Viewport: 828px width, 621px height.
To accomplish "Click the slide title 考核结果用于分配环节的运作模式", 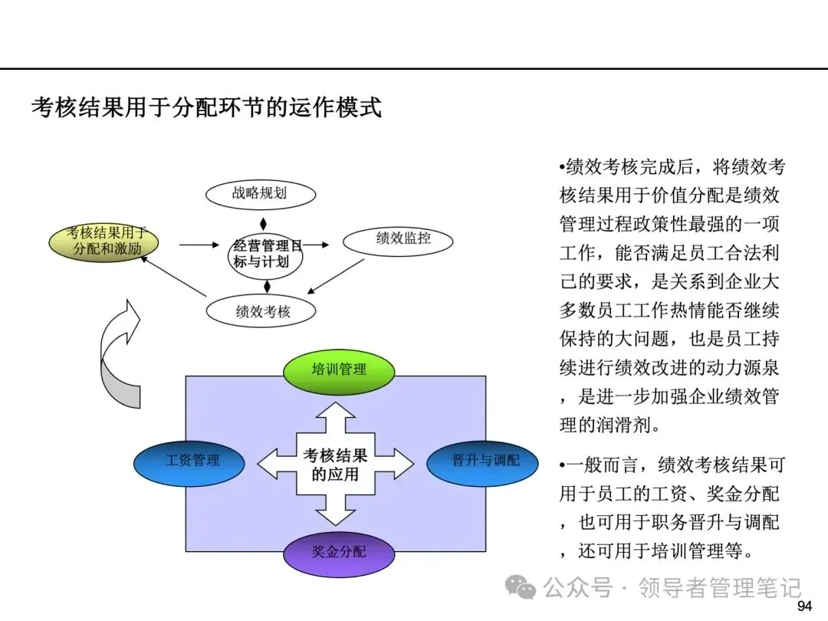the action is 206,108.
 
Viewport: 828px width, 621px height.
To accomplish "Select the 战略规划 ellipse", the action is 261,194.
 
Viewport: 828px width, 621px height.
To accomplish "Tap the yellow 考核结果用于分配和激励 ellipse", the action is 103,242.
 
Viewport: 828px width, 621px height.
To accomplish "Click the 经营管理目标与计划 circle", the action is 266,256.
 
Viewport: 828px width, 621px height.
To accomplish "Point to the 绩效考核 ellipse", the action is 261,311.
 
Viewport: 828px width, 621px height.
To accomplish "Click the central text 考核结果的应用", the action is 335,465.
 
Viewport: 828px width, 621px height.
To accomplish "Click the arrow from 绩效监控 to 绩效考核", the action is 336,276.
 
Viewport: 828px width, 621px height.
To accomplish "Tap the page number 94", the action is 804,606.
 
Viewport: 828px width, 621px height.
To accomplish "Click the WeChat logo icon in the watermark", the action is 520,586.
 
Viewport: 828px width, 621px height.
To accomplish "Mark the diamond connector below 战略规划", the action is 263,223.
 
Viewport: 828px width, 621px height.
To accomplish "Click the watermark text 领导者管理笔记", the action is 720,586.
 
